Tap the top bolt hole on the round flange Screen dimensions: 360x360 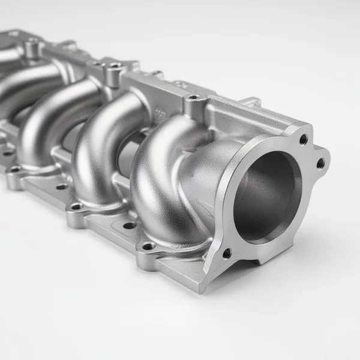(303, 139)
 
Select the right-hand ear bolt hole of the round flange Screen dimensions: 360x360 (320, 163)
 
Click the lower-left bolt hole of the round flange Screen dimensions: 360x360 (227, 253)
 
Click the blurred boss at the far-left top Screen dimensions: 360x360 (30, 42)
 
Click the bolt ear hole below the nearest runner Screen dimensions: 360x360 (148, 246)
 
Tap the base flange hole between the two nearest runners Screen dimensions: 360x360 (130, 226)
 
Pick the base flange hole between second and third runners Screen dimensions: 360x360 (62, 187)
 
